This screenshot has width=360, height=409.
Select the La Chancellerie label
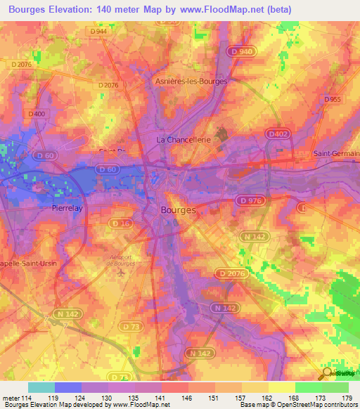184,141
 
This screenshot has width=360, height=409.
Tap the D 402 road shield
278,134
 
